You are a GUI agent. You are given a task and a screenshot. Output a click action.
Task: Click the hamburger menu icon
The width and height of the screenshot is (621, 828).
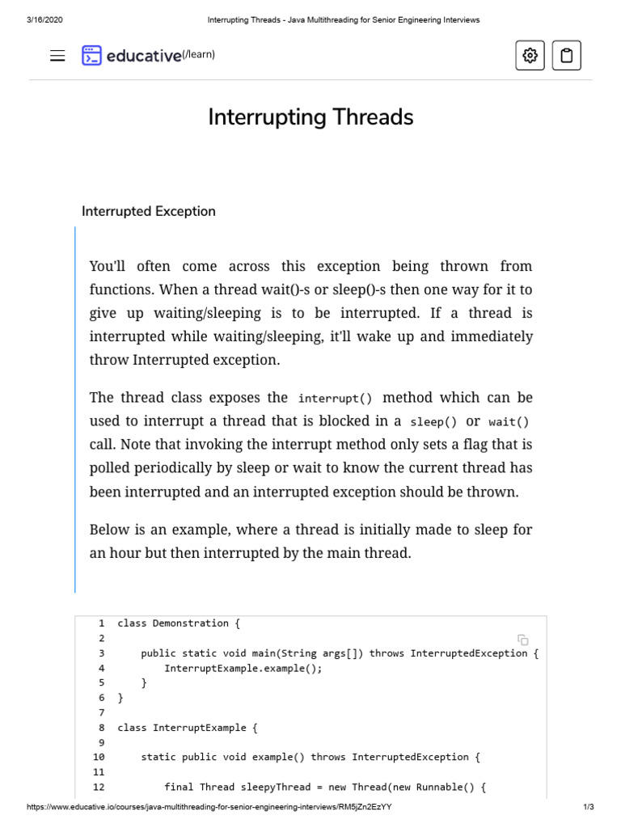(57, 56)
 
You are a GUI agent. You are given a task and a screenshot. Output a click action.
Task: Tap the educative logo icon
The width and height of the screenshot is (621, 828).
(91, 55)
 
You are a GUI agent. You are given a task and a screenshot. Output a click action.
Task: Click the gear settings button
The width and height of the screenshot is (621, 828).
(530, 55)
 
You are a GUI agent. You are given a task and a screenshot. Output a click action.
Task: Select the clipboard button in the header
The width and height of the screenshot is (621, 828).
(566, 55)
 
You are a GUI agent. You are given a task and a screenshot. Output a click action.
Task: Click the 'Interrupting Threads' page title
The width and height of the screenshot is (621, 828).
(310, 117)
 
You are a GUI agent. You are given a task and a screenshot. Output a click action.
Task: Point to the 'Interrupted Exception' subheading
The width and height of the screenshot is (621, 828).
(149, 211)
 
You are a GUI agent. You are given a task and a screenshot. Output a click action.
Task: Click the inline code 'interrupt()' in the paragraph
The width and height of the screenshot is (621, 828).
(335, 399)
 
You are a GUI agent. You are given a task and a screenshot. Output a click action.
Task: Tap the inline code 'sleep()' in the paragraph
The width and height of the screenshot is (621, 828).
(433, 422)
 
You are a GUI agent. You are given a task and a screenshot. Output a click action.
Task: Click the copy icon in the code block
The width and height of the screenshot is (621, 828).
(523, 640)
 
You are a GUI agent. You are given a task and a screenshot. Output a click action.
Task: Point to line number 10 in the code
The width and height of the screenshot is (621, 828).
(99, 757)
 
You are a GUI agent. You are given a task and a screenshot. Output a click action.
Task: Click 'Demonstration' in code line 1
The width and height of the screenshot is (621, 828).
(191, 623)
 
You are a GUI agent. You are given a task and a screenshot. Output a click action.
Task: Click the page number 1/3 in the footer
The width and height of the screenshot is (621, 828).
(589, 807)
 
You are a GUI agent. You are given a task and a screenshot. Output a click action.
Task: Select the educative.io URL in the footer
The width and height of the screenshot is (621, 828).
(209, 807)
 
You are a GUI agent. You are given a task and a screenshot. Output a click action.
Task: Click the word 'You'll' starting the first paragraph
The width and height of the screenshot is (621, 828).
(108, 266)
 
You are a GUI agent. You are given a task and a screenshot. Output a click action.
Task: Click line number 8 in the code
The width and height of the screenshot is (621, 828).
(102, 728)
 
